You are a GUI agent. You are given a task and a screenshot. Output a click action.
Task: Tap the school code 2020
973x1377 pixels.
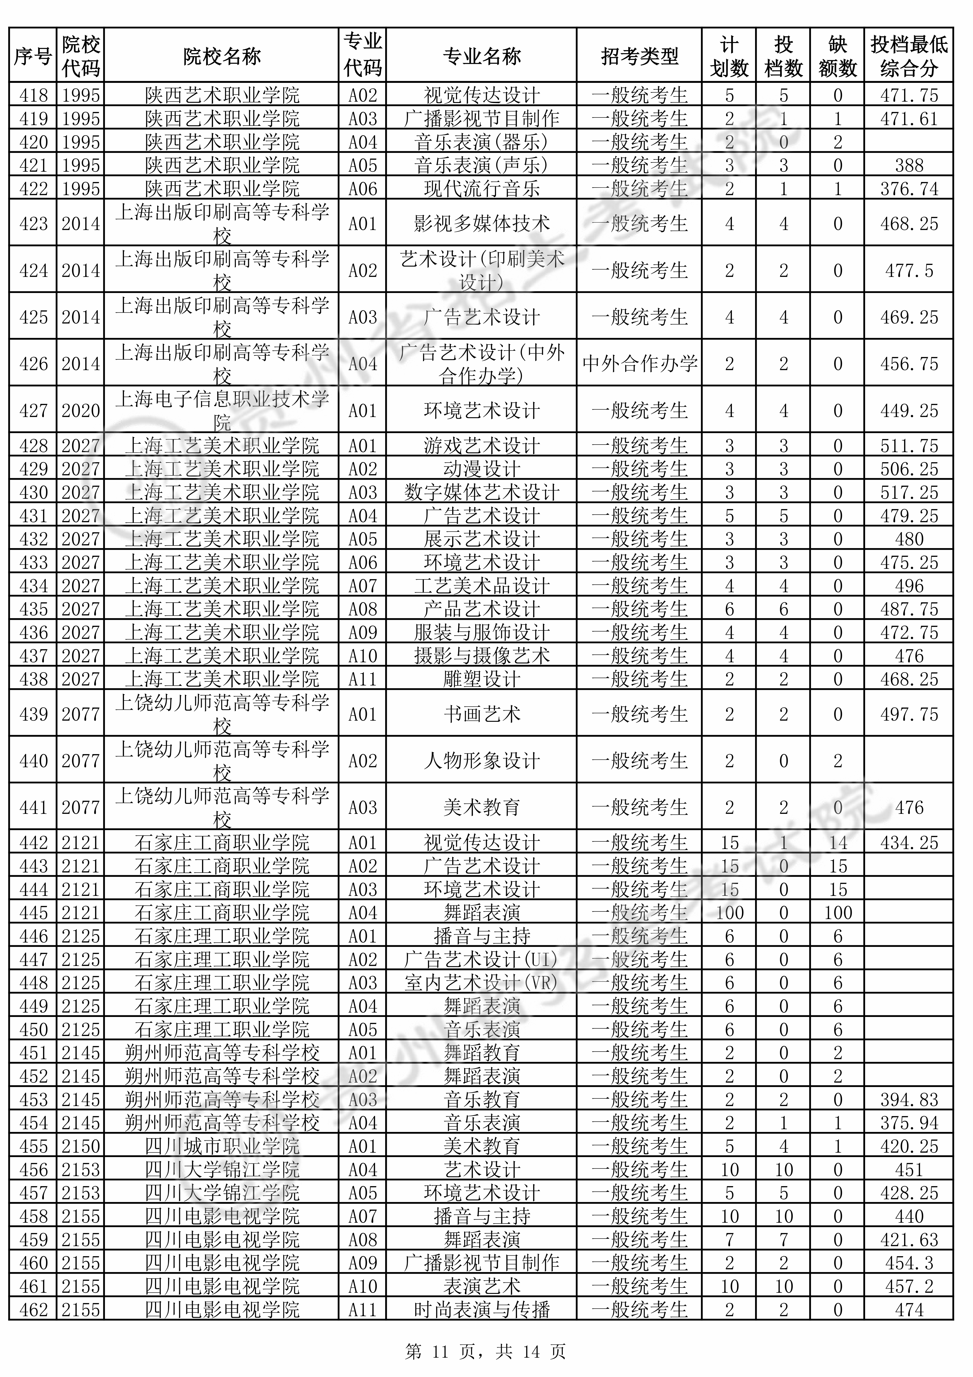(x=81, y=411)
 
